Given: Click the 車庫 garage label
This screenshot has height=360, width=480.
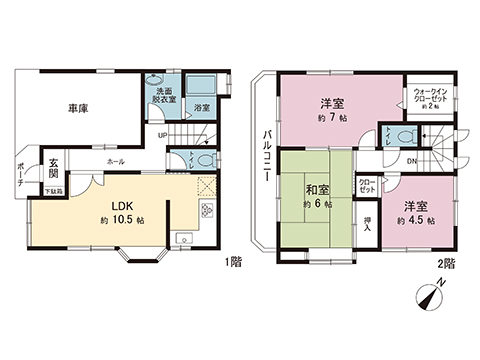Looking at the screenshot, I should click(79, 108).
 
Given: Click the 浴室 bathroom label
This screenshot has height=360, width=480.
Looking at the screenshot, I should click(201, 106).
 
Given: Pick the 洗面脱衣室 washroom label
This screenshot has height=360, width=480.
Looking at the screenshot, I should click(162, 97).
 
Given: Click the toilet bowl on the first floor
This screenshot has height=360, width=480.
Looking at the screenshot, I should click(204, 157).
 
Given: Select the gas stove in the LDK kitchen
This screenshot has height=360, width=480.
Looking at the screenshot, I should click(207, 210).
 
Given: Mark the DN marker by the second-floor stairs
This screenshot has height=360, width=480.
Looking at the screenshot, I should click(413, 158).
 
